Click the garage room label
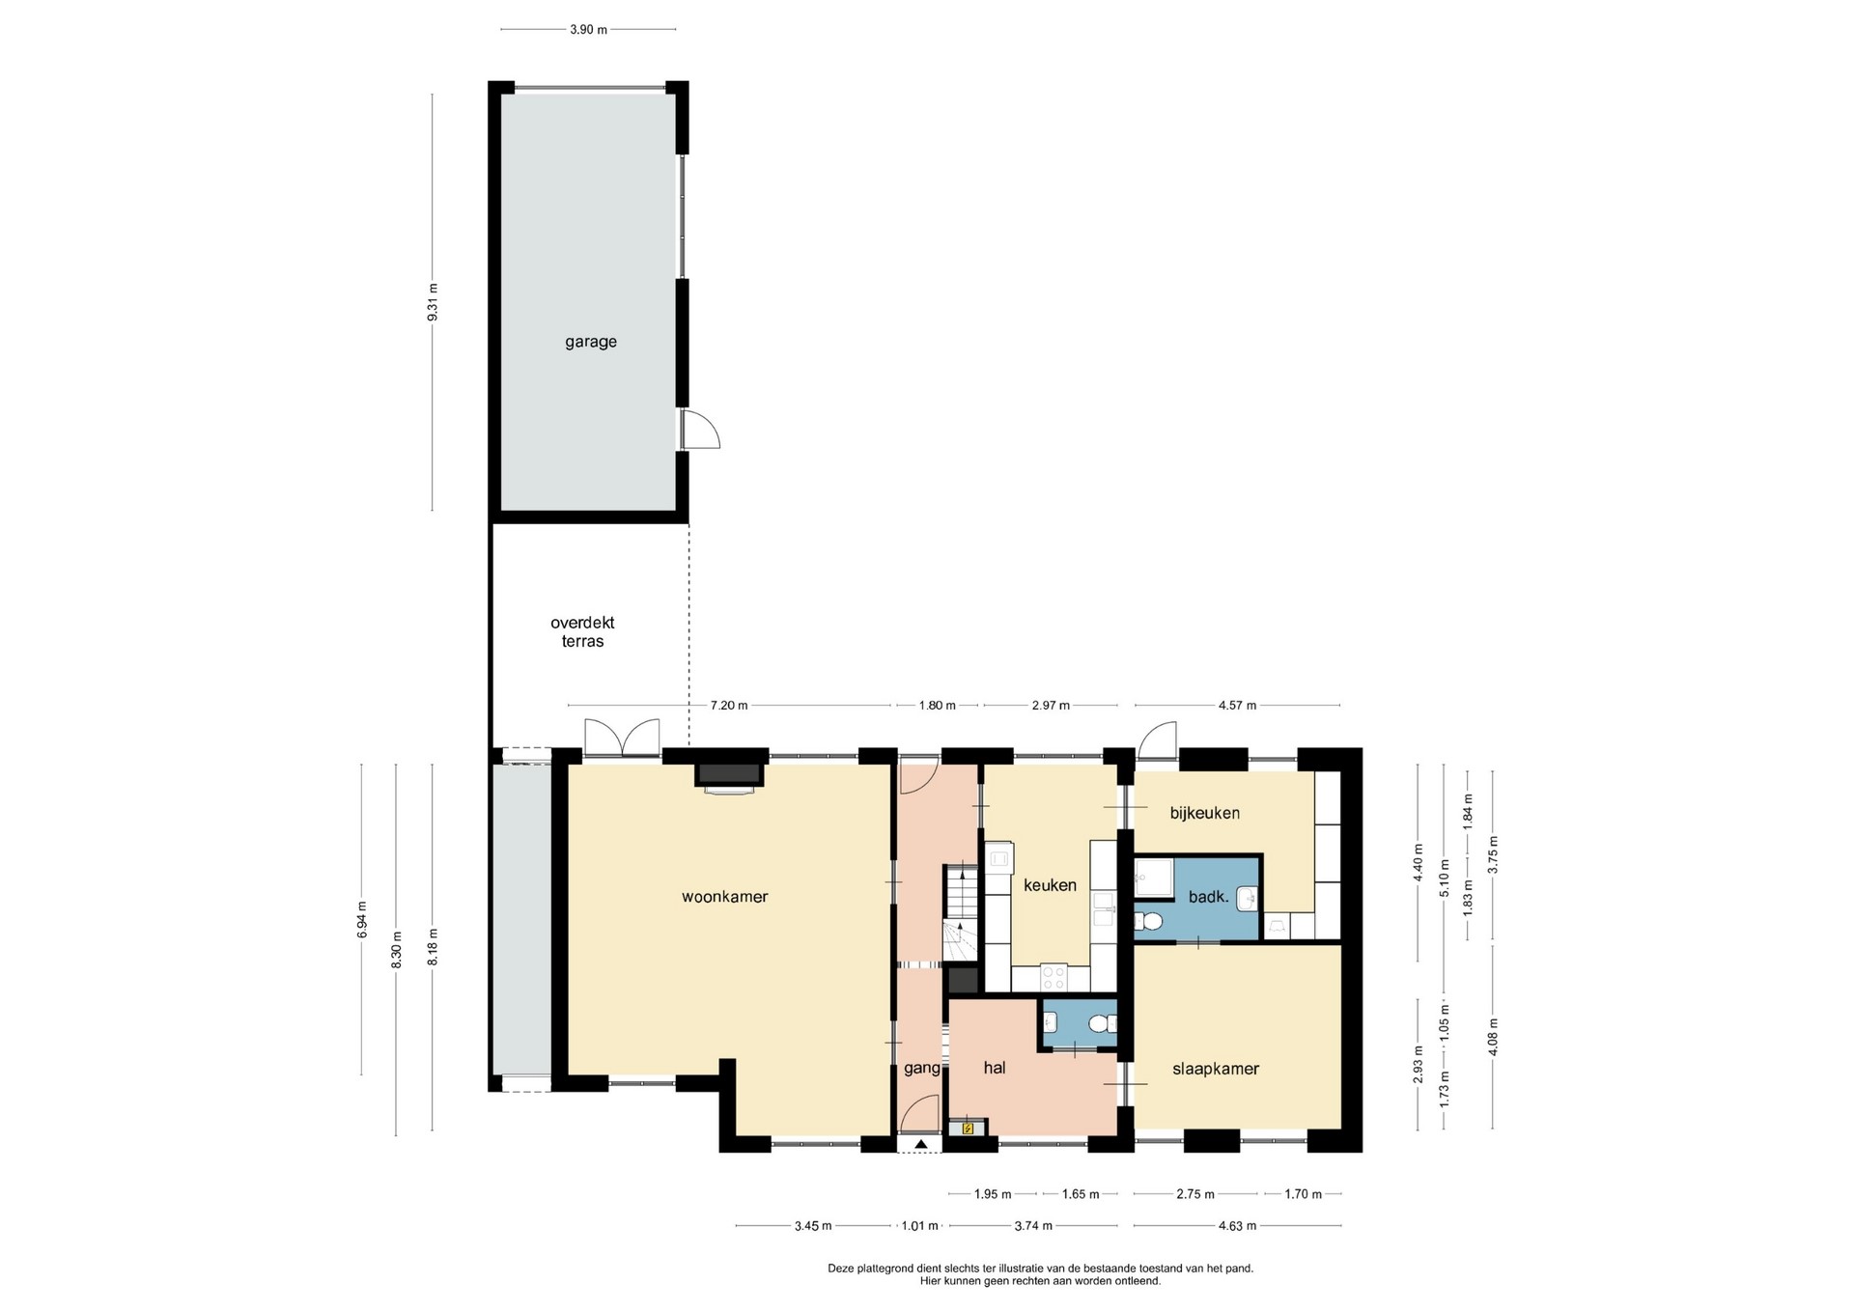[590, 342]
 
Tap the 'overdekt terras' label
[582, 631]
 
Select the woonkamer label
[724, 897]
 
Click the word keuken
[1050, 885]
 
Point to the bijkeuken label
[1204, 813]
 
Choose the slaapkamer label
[1216, 1069]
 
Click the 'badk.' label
[1208, 897]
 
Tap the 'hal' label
[995, 1067]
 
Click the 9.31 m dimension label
[434, 301]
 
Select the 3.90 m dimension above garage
[588, 30]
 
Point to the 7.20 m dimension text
[729, 706]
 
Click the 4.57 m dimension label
[1237, 706]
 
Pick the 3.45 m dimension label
[813, 1226]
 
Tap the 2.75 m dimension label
[1195, 1194]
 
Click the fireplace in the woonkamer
[729, 776]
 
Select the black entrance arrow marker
[921, 1144]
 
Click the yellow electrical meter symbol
[968, 1127]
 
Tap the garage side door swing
[700, 429]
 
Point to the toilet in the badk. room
[1148, 921]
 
